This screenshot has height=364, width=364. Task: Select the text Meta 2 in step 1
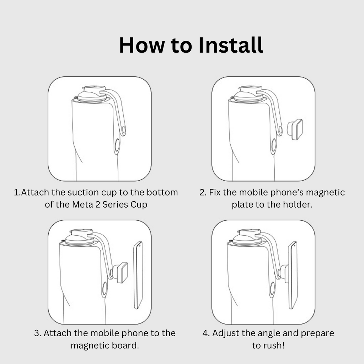coord(93,205)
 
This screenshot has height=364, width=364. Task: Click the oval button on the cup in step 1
coord(117,145)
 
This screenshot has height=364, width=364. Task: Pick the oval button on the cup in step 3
coord(105,289)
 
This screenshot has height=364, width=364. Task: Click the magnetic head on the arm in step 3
coord(122,273)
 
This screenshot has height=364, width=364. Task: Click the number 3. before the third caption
coord(38,333)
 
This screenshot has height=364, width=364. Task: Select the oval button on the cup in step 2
coord(273,145)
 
